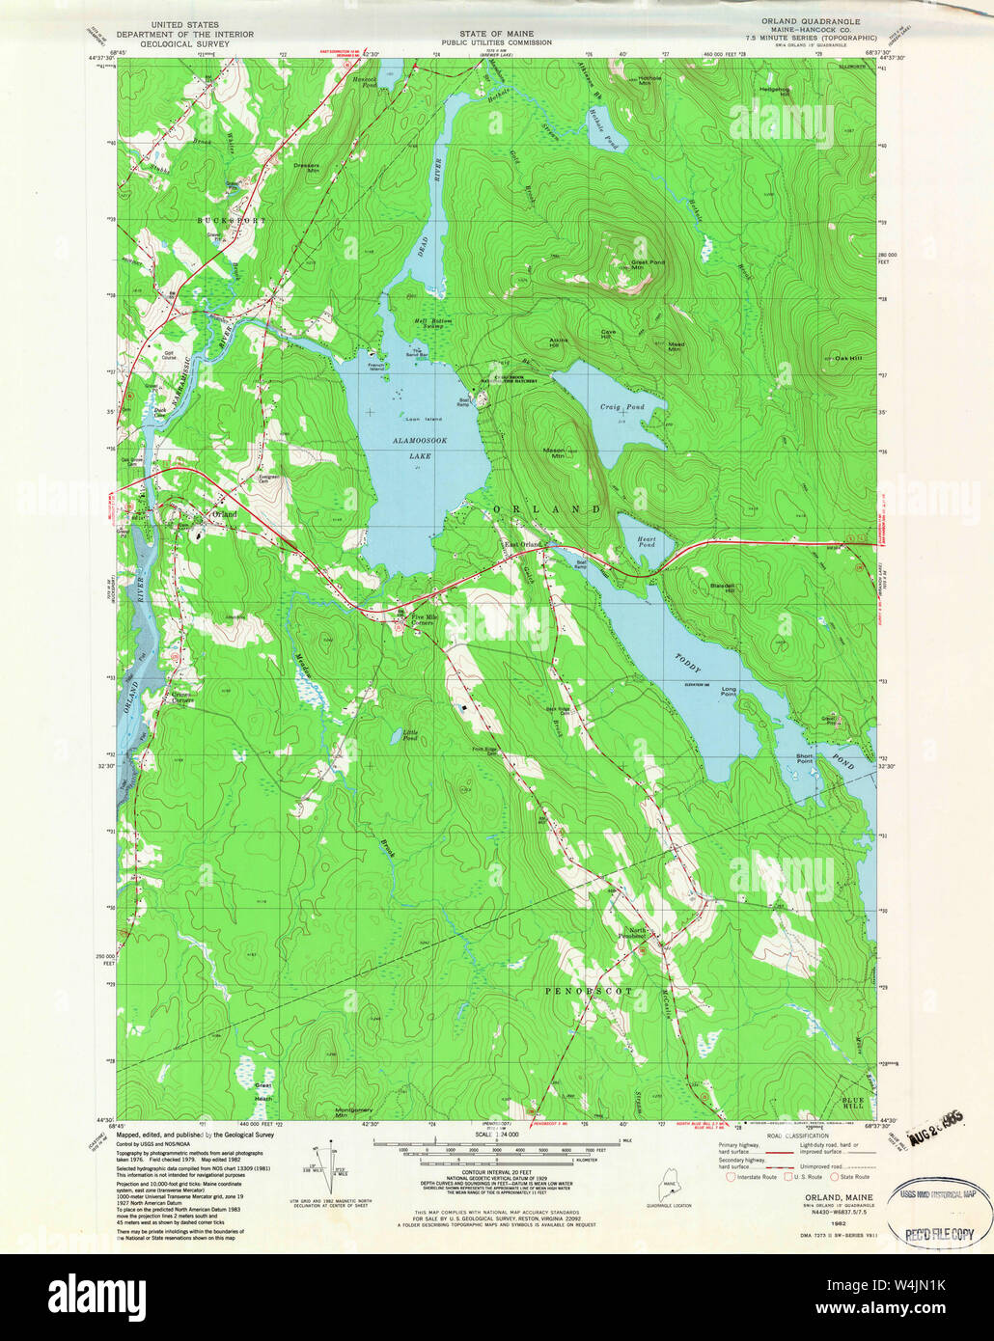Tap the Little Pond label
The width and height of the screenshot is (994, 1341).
point(410,735)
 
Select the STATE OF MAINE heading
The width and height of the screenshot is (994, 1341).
point(496,34)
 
